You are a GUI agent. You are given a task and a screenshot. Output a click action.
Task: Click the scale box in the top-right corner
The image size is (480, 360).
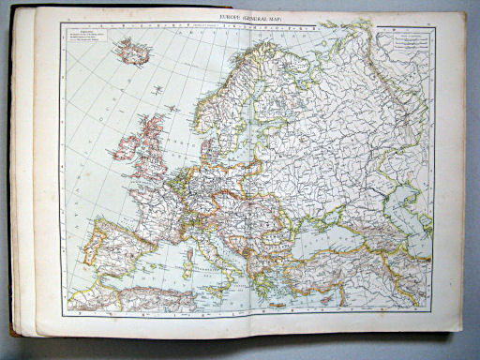point(413,39)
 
